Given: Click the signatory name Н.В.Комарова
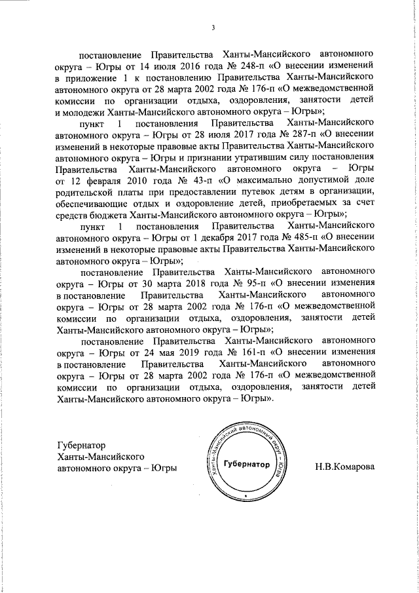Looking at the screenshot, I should [345, 467].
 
